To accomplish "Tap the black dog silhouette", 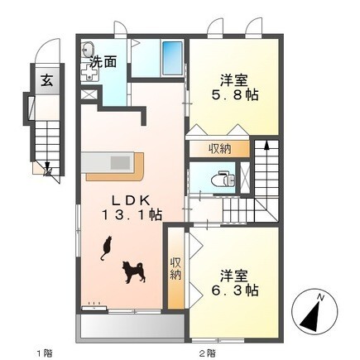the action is click(134, 272).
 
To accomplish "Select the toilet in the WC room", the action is click(223, 180).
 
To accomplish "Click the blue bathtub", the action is click(172, 58).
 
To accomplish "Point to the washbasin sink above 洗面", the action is click(88, 50).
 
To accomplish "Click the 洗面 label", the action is click(103, 62).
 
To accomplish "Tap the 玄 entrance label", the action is click(47, 80).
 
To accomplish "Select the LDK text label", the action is click(131, 200).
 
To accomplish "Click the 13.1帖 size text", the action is click(132, 214).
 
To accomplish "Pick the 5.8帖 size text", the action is click(235, 95).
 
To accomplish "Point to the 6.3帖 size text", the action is click(235, 290).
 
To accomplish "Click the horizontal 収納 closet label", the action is click(219, 150).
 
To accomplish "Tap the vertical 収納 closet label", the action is click(175, 269).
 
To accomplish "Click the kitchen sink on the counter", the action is click(120, 163).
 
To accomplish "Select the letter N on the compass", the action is click(320, 297).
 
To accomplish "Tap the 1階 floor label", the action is click(45, 353).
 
